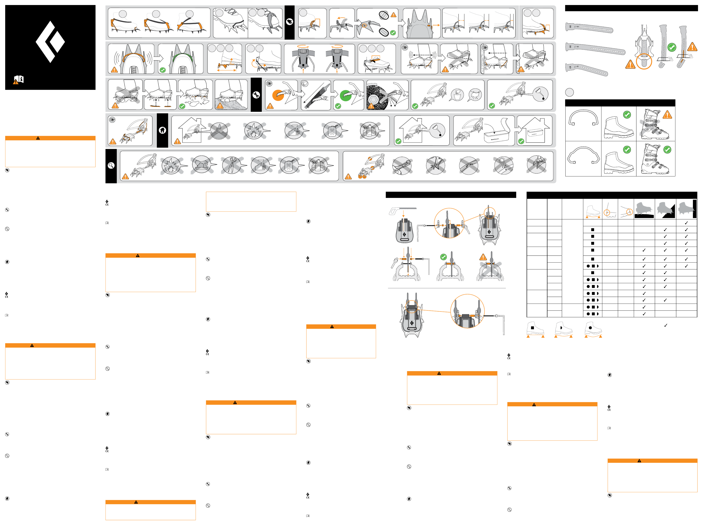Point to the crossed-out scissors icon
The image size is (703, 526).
[232, 165]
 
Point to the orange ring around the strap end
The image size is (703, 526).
[644, 62]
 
